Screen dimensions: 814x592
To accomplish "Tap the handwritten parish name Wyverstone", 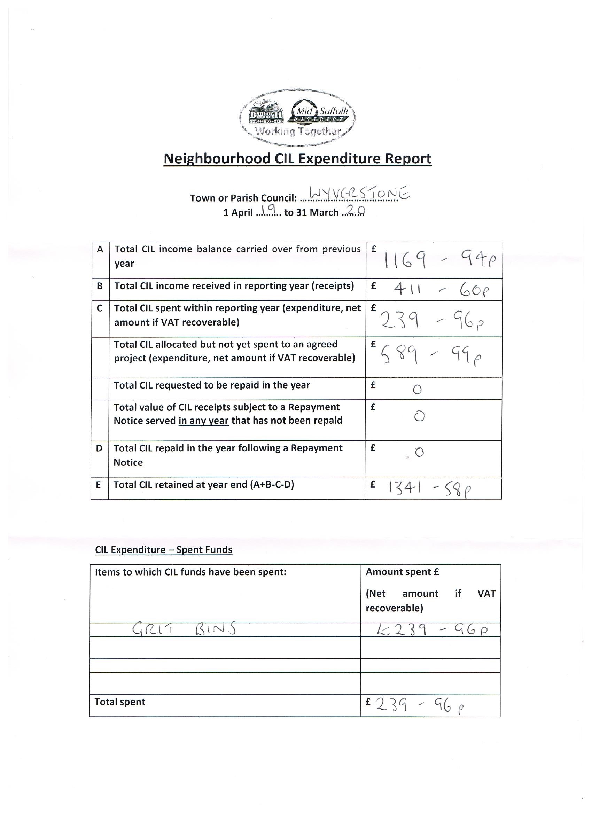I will pyautogui.click(x=359, y=194).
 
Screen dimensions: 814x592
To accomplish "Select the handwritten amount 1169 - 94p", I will pyautogui.click(x=440, y=260).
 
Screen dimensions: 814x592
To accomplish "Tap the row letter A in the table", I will pyautogui.click(x=100, y=249).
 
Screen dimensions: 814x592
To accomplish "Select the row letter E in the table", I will pyautogui.click(x=98, y=485).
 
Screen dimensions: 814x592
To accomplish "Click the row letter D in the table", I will pyautogui.click(x=99, y=448).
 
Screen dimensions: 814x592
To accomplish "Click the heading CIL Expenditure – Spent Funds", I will pyautogui.click(x=164, y=550).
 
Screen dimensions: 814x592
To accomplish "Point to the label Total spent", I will pyautogui.click(x=120, y=702).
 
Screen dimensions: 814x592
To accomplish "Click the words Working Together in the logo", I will pyautogui.click(x=298, y=131).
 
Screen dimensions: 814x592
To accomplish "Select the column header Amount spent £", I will pyautogui.click(x=402, y=572).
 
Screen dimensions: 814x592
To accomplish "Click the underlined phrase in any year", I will pyautogui.click(x=203, y=421).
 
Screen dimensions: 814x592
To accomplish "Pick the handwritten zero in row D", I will pyautogui.click(x=419, y=452).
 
